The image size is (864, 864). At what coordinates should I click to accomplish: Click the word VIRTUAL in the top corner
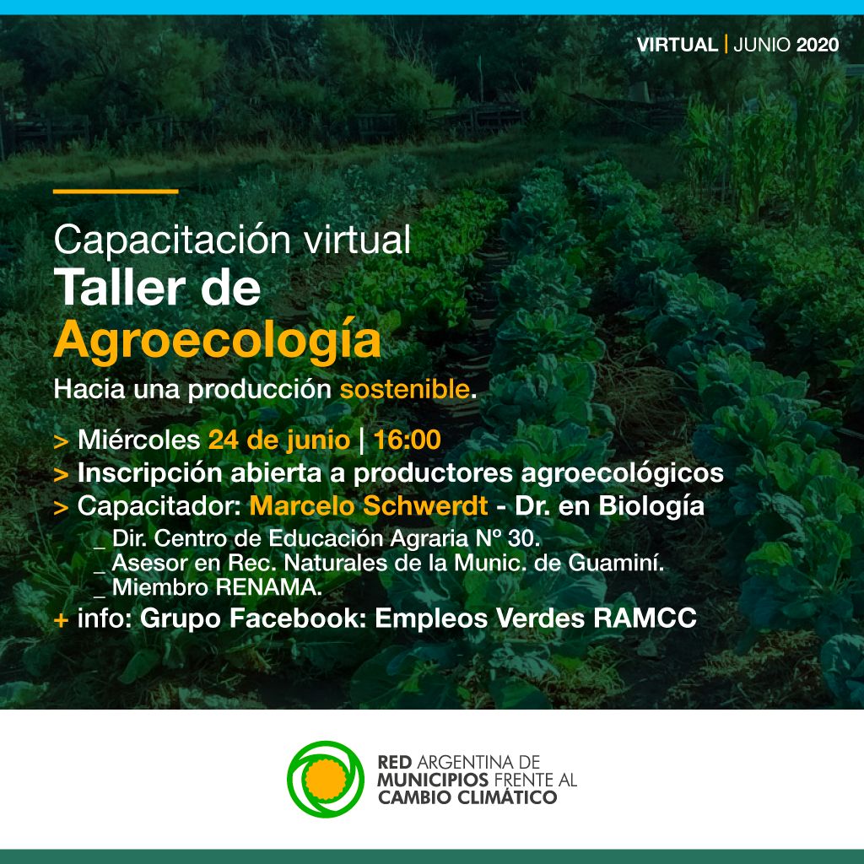click(x=678, y=45)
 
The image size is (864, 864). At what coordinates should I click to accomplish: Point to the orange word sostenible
click(x=405, y=389)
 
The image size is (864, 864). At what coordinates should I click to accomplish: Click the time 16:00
click(x=408, y=440)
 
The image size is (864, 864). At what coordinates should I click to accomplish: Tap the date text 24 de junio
click(x=279, y=440)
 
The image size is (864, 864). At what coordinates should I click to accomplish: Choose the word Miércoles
click(x=139, y=440)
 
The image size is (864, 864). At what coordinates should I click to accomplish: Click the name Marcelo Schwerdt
click(x=369, y=506)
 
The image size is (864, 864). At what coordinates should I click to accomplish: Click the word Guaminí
click(x=616, y=563)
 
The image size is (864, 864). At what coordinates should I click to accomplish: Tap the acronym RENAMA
click(x=269, y=587)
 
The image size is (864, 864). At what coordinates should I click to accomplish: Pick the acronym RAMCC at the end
click(x=645, y=618)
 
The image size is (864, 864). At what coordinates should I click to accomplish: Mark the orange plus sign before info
click(x=61, y=620)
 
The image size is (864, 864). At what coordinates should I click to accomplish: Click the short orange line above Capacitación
click(x=116, y=192)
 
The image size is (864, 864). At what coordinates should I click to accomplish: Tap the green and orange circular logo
click(x=326, y=779)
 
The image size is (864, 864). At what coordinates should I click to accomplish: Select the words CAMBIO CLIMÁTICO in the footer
click(x=467, y=797)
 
